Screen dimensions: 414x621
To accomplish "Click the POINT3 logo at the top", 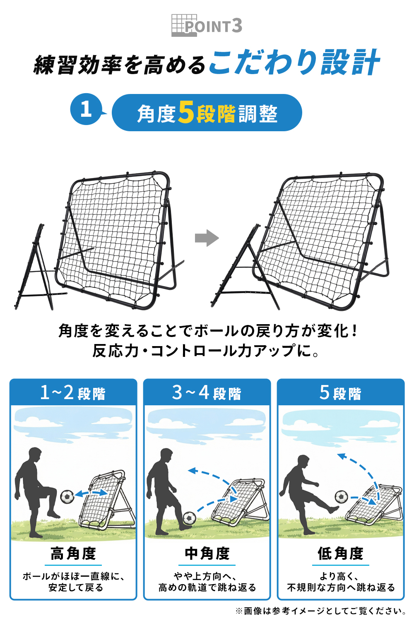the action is click(x=207, y=26).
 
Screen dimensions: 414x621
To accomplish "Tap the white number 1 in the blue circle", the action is click(x=86, y=109).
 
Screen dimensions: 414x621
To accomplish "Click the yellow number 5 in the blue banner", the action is click(x=186, y=112).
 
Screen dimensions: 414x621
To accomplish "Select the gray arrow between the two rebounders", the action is click(x=207, y=238).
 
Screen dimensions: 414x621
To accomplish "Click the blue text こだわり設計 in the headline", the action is click(x=294, y=63).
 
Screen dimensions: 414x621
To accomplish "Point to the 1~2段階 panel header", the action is click(x=73, y=392).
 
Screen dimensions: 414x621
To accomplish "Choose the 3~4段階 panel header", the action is click(x=207, y=392).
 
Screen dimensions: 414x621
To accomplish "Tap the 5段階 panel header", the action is click(x=341, y=392).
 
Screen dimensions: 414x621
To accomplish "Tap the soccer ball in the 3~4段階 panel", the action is click(x=189, y=518).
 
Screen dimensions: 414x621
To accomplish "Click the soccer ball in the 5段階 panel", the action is click(x=342, y=496).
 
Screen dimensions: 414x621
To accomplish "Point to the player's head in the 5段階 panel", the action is click(x=303, y=462).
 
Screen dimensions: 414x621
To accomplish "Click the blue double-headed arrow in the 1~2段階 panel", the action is click(x=91, y=493).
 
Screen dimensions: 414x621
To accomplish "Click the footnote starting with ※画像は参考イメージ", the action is click(x=320, y=611).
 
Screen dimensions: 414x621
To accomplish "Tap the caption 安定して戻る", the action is click(x=76, y=587).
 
